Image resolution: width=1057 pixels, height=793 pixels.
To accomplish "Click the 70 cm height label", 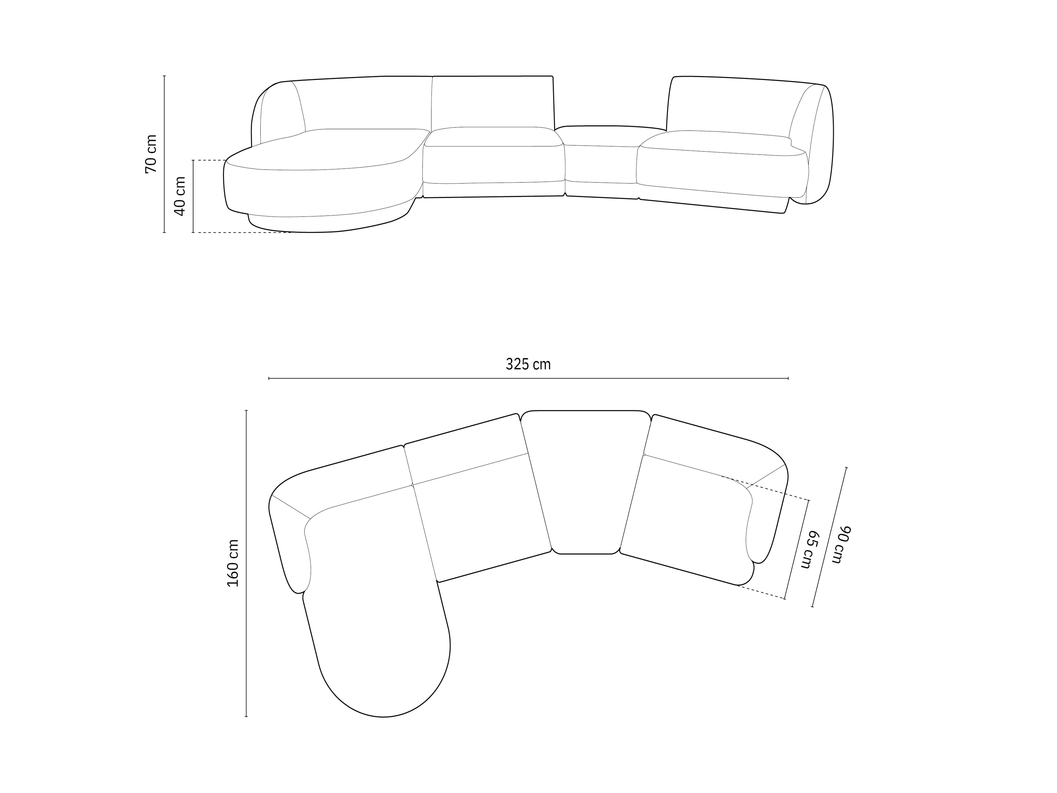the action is pos(151,154).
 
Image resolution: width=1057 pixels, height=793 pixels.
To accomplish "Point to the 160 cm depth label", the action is pos(233,563).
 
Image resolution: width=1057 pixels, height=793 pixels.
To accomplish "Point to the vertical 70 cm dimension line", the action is pos(164,154).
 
